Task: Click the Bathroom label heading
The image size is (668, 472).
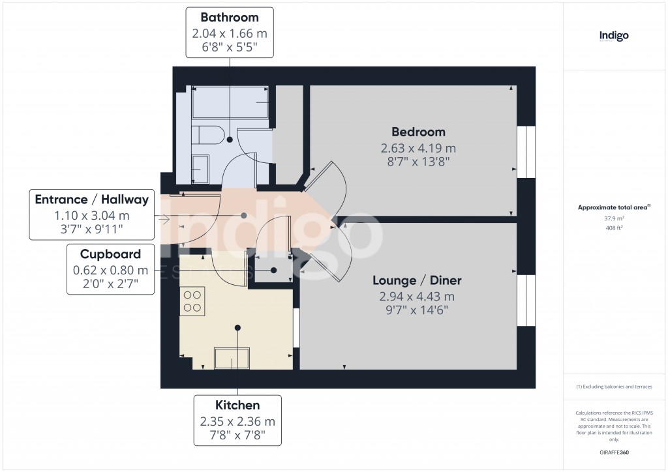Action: (x=229, y=18)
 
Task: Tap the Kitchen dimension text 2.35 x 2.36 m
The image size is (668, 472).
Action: (x=237, y=421)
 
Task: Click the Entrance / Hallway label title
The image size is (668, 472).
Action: (x=92, y=200)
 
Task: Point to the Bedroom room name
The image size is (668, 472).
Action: (x=418, y=132)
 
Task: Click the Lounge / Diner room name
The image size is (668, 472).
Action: (x=417, y=280)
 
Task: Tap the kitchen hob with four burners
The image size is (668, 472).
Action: (x=192, y=301)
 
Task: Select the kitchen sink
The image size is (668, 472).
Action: (x=232, y=359)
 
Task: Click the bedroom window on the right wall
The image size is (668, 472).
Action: (x=526, y=152)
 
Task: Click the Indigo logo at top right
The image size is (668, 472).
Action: (x=614, y=37)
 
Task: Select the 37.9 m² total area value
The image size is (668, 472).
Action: (x=614, y=219)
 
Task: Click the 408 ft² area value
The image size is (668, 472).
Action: (x=614, y=228)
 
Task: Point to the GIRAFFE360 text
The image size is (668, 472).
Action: (x=614, y=452)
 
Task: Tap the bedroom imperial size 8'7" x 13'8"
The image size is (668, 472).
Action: (x=418, y=160)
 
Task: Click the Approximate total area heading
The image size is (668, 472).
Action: (x=613, y=207)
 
